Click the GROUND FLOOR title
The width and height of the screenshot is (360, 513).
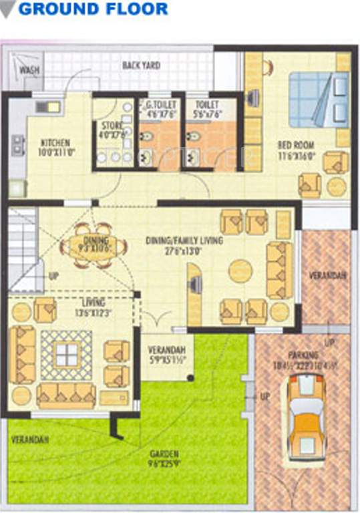coord(93,9)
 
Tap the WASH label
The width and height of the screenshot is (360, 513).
coord(28,69)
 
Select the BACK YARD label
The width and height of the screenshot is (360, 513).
coord(142,65)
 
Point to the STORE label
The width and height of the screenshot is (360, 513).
coord(108,124)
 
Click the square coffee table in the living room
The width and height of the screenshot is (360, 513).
coord(66,354)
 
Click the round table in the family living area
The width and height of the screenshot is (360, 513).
coord(240,271)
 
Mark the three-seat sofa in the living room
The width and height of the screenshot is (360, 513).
coord(66,394)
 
